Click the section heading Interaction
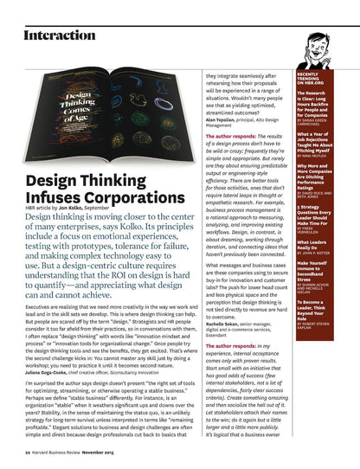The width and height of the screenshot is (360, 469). click(60, 35)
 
